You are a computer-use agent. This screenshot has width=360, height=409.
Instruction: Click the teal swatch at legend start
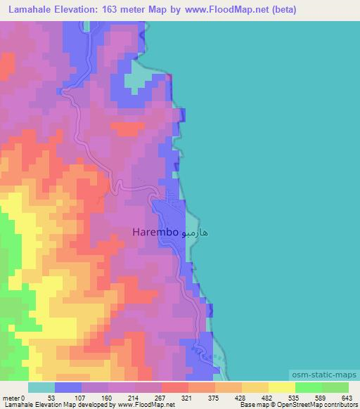(x=41, y=388)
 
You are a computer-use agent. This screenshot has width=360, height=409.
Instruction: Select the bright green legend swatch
(x=308, y=388)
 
